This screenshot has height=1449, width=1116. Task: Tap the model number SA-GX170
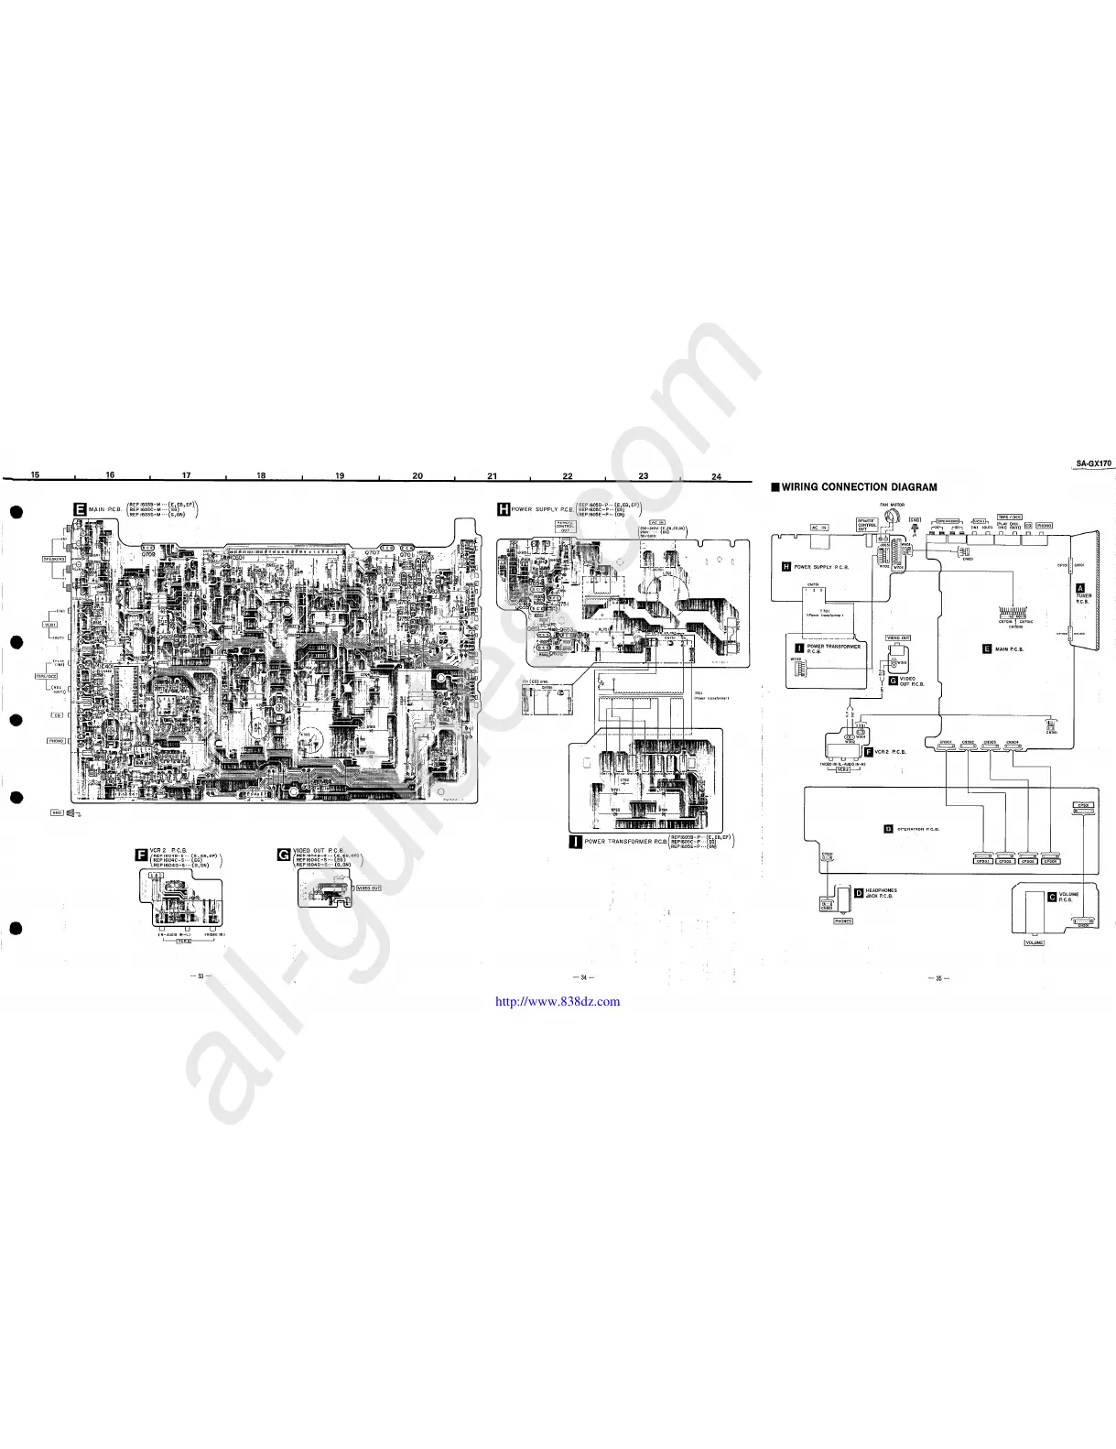click(x=1093, y=463)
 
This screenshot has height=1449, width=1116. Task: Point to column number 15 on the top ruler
click(x=35, y=474)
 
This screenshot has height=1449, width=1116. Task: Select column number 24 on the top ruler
click(x=716, y=476)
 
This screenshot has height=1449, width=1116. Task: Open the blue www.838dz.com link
click(x=557, y=1001)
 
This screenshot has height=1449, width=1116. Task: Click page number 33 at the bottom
click(x=200, y=977)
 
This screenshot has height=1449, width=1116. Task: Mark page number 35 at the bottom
click(x=937, y=978)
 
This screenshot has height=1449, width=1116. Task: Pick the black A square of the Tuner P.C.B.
click(x=1080, y=587)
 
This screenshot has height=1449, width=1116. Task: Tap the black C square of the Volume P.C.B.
click(x=1052, y=897)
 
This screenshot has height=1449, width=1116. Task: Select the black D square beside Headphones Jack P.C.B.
click(x=858, y=892)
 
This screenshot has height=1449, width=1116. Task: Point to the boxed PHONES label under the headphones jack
click(x=843, y=921)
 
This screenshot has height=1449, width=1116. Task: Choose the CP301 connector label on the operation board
click(x=983, y=861)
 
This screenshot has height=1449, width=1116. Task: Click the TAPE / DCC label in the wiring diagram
click(x=1010, y=517)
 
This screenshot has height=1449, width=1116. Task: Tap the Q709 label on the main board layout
click(x=148, y=554)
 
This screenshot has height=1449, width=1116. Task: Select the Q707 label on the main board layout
click(x=372, y=554)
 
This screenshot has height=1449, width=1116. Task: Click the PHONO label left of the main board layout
click(x=56, y=740)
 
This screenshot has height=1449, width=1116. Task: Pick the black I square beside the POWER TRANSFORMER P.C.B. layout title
click(x=575, y=842)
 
